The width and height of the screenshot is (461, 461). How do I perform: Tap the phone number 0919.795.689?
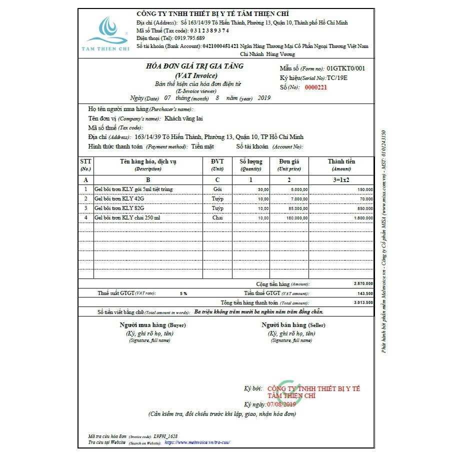point(189,38)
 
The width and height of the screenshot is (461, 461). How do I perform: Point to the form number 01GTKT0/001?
point(346,68)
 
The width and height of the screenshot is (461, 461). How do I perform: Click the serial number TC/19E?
point(337,78)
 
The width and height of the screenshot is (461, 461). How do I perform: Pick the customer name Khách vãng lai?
point(183,119)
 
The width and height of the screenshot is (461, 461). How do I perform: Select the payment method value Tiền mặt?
point(202,146)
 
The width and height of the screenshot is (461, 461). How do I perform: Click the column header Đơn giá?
point(288,161)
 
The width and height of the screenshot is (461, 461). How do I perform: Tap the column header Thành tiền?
point(341,161)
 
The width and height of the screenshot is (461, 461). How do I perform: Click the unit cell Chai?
point(217,218)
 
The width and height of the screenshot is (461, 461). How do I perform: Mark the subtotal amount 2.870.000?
point(362,283)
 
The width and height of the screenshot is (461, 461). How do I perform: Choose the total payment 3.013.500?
point(362,302)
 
